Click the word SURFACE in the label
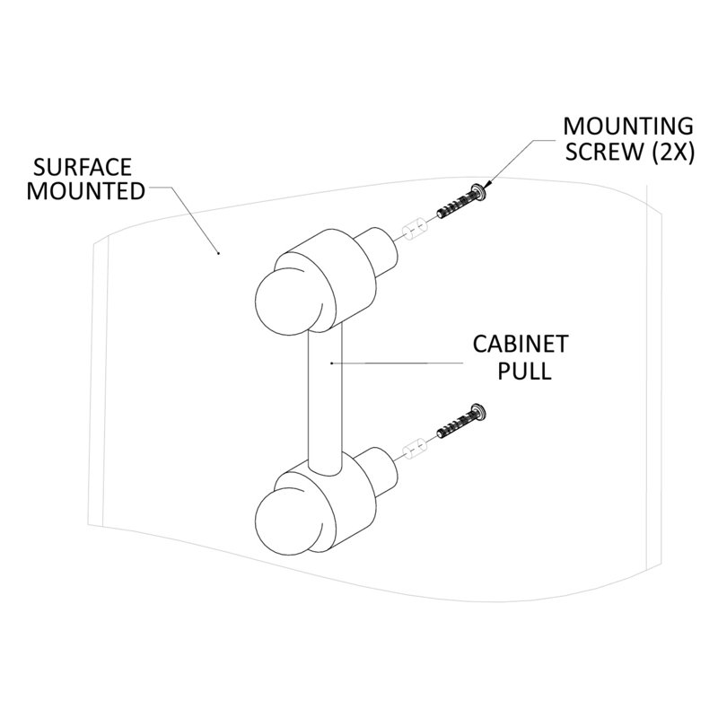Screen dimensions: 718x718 [83, 167]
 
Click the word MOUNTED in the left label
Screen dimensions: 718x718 [86, 191]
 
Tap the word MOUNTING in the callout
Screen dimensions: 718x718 [628, 127]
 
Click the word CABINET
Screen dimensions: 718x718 [521, 345]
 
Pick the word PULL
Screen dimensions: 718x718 [524, 371]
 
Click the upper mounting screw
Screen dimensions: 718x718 [461, 201]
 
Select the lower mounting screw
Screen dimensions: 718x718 [461, 421]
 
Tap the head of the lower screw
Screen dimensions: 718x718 [479, 411]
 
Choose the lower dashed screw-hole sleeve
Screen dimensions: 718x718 [414, 448]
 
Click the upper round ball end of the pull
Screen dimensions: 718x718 [287, 302]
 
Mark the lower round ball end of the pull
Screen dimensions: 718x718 [287, 521]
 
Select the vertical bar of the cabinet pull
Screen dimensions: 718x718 [326, 396]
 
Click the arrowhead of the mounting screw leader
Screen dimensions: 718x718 [488, 184]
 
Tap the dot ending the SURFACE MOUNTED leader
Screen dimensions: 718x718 [218, 252]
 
